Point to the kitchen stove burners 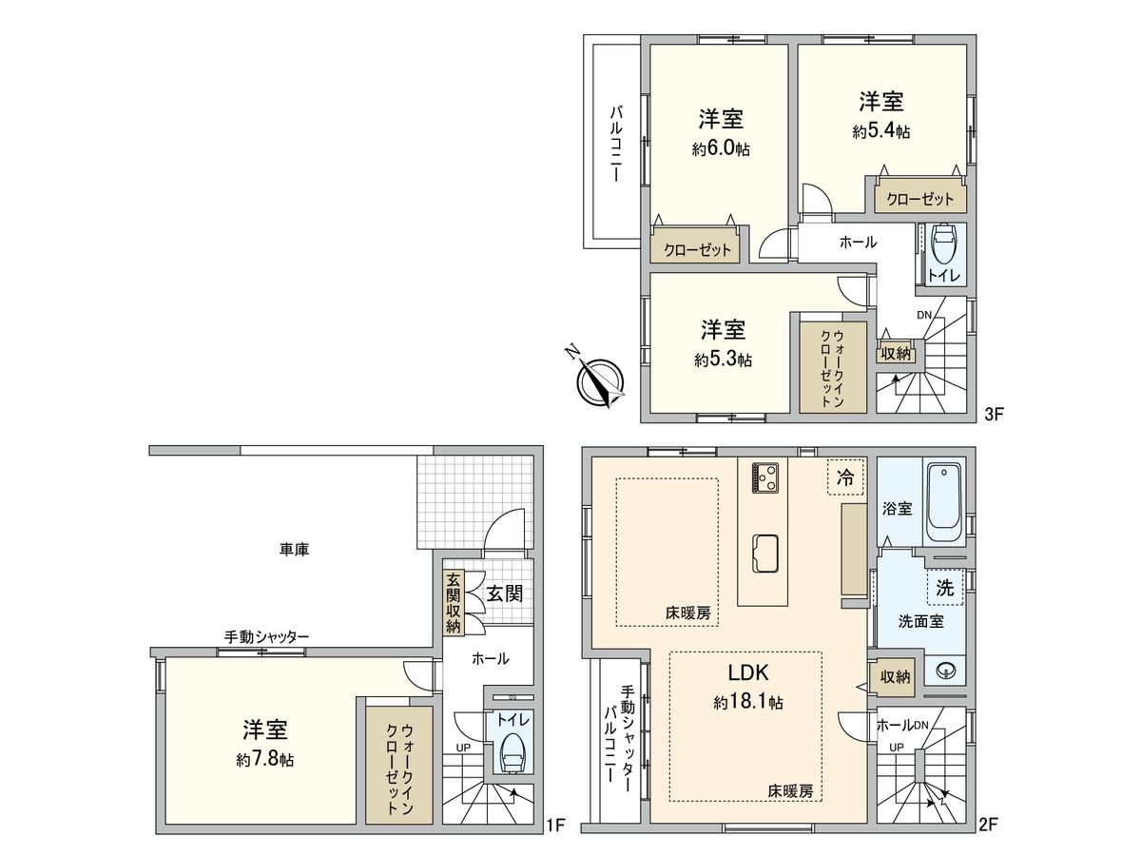click(x=764, y=477)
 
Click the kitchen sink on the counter click(x=764, y=554)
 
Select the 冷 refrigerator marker click(x=844, y=477)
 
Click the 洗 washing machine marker click(x=944, y=588)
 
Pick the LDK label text click(x=747, y=672)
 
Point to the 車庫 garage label click(x=294, y=550)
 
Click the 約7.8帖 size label click(x=264, y=760)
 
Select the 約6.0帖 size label click(x=721, y=149)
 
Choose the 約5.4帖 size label click(x=880, y=131)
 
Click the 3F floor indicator click(x=993, y=415)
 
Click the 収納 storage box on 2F click(x=895, y=676)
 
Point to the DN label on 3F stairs click(x=924, y=315)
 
